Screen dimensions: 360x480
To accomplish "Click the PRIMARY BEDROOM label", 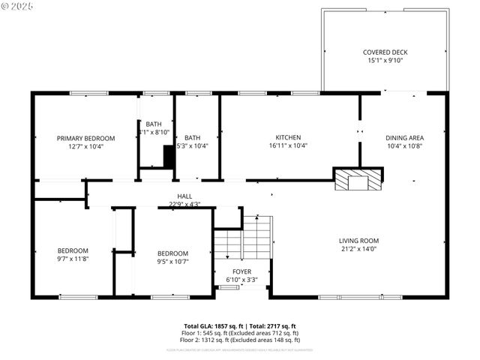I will click(x=86, y=138).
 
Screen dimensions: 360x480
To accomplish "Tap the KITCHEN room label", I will click(x=288, y=137).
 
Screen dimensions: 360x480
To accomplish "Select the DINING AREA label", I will click(x=404, y=138).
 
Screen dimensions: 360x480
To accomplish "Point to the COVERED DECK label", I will click(x=385, y=52).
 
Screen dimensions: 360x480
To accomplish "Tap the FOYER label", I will click(x=241, y=271).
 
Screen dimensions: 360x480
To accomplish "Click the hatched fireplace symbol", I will click(x=358, y=179).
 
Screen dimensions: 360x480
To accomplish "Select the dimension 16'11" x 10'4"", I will click(x=288, y=145).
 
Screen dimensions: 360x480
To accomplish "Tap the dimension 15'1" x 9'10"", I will click(x=385, y=61).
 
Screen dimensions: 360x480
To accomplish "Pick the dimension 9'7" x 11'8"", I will click(x=73, y=259).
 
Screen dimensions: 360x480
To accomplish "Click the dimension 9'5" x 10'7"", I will click(x=172, y=262).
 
